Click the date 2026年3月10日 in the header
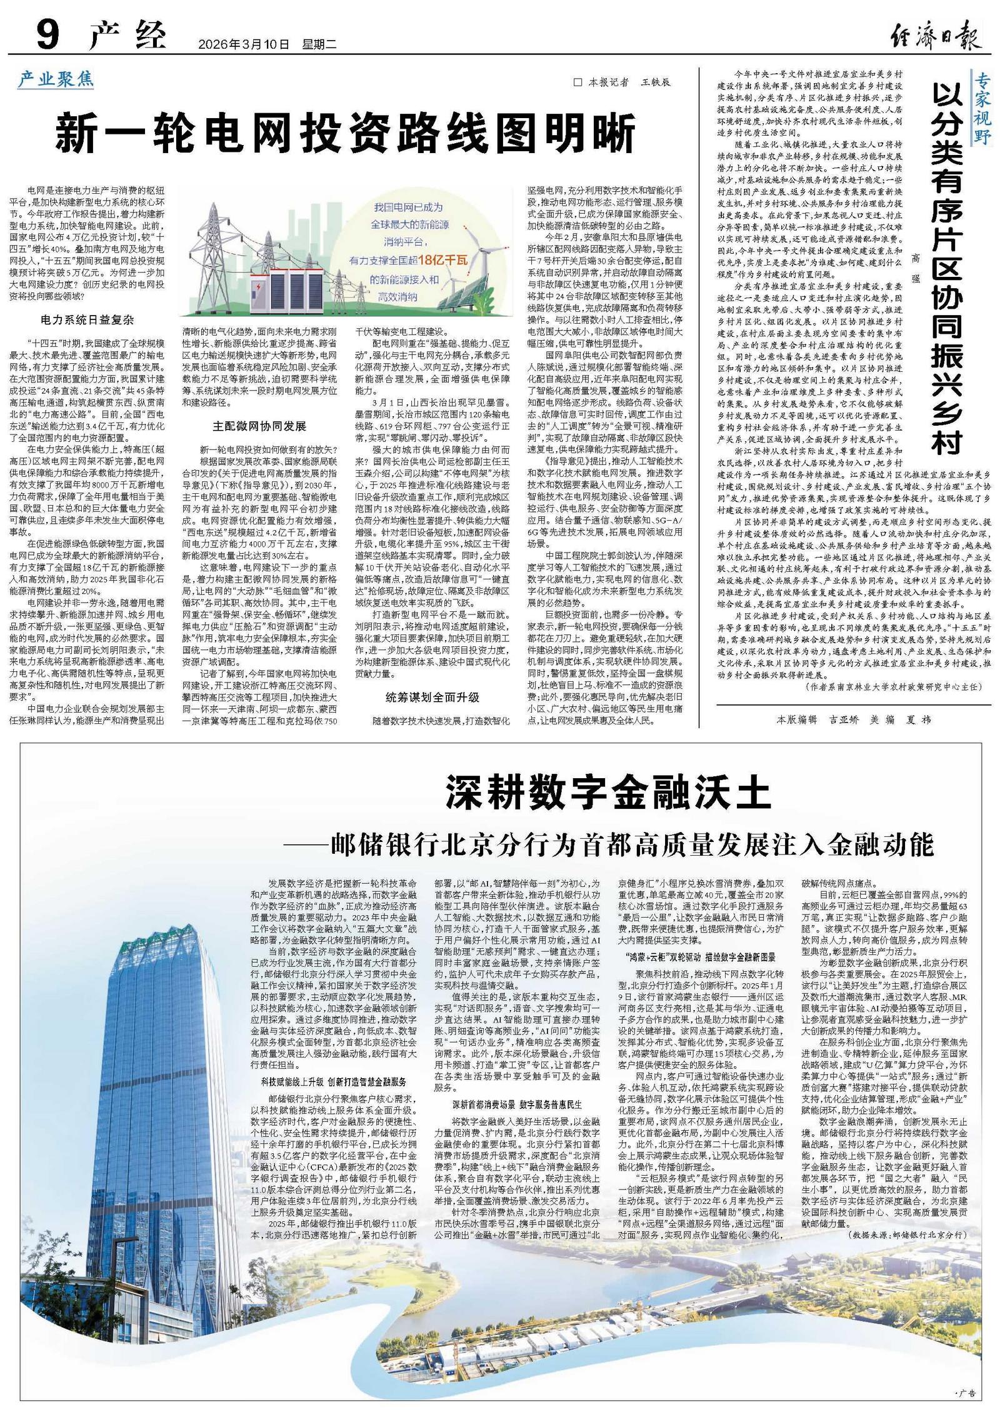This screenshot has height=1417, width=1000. click(244, 44)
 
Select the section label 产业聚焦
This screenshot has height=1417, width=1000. click(56, 79)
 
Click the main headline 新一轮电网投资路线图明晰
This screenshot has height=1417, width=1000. click(344, 129)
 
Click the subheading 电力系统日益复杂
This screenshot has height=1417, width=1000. click(87, 319)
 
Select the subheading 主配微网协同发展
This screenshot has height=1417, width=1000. click(259, 426)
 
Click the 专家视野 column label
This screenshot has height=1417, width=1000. click(982, 107)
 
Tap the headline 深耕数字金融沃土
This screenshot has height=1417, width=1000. click(607, 794)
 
